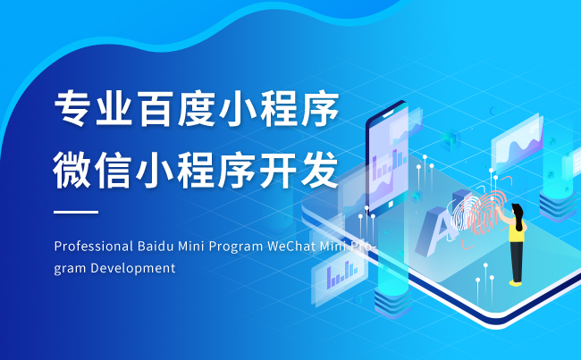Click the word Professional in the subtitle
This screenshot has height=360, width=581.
click(x=93, y=246)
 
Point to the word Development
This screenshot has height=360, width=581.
click(x=133, y=268)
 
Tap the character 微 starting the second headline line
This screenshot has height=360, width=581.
click(x=72, y=170)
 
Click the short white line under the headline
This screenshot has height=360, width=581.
click(x=76, y=212)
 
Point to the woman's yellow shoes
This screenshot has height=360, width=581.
click(x=515, y=283)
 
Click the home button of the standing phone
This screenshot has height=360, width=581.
click(x=391, y=204)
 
